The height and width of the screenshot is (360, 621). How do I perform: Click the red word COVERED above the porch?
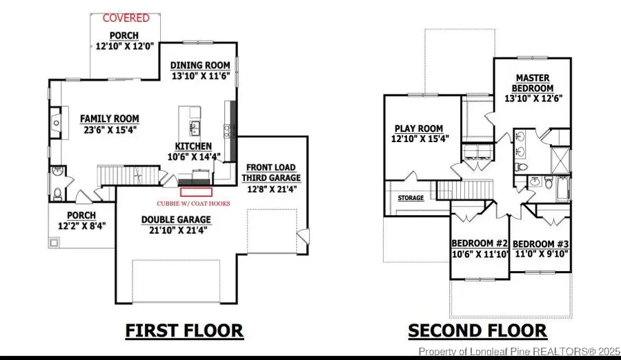tap(126, 18)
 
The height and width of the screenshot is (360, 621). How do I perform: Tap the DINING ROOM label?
tap(200, 66)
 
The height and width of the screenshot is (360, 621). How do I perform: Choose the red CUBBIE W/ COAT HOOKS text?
tap(194, 203)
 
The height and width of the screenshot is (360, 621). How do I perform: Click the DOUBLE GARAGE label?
tap(176, 220)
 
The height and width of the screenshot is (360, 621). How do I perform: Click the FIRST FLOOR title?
tap(184, 331)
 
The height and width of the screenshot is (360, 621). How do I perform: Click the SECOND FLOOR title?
tap(477, 331)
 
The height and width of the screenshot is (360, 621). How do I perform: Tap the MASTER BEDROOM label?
tap(533, 83)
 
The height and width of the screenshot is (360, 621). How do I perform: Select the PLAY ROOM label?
tap(418, 128)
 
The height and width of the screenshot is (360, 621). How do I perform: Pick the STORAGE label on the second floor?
tap(410, 199)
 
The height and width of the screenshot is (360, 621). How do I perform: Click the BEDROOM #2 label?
tap(480, 244)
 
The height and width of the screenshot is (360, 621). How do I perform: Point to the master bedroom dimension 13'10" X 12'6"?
tap(533, 99)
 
